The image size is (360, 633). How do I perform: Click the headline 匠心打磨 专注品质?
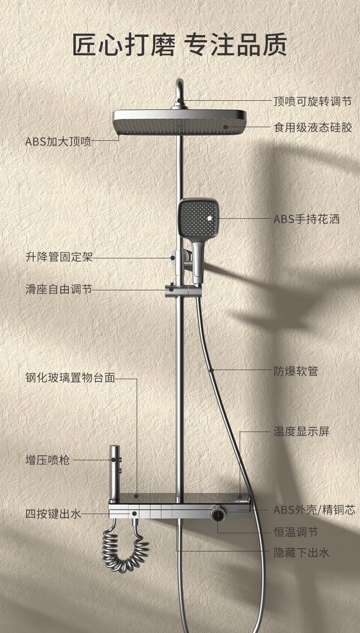(180, 45)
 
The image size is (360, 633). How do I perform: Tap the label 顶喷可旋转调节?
(313, 101)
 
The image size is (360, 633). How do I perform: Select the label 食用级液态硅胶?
(313, 127)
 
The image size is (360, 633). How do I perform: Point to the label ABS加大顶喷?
(58, 141)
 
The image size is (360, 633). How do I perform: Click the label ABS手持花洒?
(306, 219)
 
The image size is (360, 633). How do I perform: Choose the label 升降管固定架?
(59, 257)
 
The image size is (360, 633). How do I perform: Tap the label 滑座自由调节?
(59, 289)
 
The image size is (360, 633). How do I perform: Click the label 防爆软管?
(295, 371)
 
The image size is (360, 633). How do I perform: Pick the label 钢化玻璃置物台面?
(70, 378)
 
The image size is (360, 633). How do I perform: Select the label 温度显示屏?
(301, 431)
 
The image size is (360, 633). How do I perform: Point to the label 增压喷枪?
(47, 460)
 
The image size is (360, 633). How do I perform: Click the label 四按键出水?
(53, 514)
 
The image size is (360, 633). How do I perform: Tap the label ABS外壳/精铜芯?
(314, 509)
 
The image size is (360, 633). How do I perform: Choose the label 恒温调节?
(295, 532)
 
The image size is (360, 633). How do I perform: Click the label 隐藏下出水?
(301, 553)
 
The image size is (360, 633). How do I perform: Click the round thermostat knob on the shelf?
(218, 514)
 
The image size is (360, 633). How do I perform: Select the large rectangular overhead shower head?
(179, 121)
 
